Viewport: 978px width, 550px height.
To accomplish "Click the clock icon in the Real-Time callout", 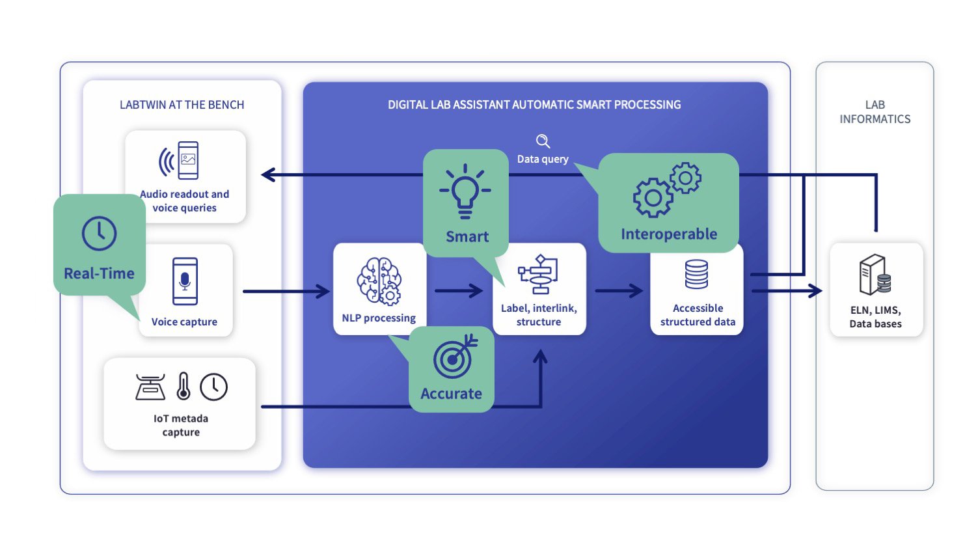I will pyautogui.click(x=99, y=234).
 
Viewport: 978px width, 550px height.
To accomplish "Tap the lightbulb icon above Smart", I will pyautogui.click(x=465, y=190).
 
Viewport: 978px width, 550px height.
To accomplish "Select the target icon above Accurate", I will pyautogui.click(x=454, y=357).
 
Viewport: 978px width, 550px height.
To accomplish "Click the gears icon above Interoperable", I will pyautogui.click(x=667, y=189).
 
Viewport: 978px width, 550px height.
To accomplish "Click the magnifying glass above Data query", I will pyautogui.click(x=543, y=141).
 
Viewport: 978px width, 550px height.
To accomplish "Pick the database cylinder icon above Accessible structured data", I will pyautogui.click(x=696, y=275).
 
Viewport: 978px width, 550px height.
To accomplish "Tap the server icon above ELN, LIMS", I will pyautogui.click(x=875, y=275).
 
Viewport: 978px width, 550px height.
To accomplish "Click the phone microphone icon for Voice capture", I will pyautogui.click(x=185, y=281).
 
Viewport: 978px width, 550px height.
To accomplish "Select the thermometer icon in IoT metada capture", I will pyautogui.click(x=183, y=386).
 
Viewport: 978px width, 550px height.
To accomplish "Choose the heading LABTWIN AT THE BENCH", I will pyautogui.click(x=182, y=105).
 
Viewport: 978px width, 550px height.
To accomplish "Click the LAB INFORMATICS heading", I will pyautogui.click(x=875, y=112).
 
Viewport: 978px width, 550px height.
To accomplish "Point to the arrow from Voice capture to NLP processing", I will pyautogui.click(x=286, y=291).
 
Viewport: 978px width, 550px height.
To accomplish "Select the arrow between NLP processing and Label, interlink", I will pyautogui.click(x=459, y=290).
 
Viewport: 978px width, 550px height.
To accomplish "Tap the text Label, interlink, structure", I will pyautogui.click(x=539, y=315).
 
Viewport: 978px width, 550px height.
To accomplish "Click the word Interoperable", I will pyautogui.click(x=669, y=234).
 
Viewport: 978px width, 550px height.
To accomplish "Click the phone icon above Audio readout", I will pyautogui.click(x=187, y=160).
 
